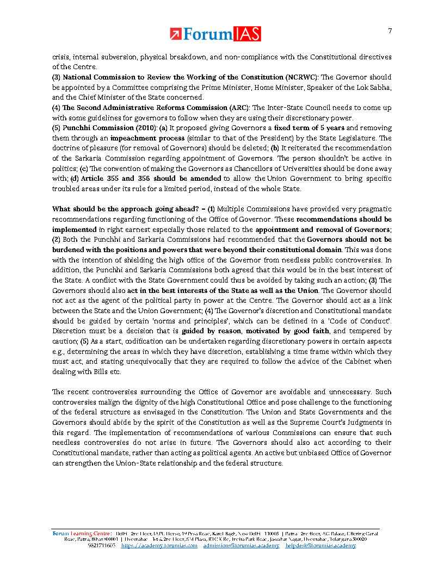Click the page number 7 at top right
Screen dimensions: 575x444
pos(390,30)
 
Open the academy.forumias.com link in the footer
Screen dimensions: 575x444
pos(159,546)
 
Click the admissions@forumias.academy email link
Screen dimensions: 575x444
pos(241,546)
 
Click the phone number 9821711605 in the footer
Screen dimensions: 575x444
pos(101,546)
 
